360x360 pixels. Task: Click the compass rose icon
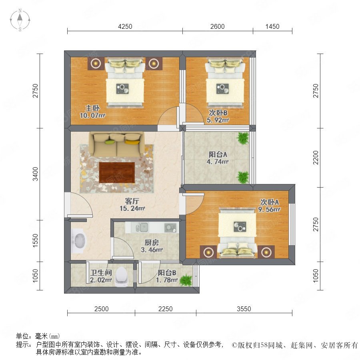(20, 20)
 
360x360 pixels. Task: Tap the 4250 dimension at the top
(125, 27)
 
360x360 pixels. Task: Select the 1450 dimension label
(272, 27)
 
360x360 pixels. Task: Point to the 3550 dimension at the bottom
(244, 309)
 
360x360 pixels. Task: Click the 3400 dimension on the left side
(35, 174)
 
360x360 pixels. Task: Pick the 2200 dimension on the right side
(316, 158)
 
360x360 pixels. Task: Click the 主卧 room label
(92, 108)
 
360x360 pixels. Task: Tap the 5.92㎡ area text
(218, 120)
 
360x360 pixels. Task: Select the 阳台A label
(218, 154)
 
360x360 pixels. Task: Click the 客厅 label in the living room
(132, 201)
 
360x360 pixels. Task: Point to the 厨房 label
(152, 242)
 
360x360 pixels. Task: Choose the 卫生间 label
(101, 273)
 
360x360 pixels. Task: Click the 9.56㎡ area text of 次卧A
(269, 209)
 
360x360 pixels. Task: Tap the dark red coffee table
(117, 172)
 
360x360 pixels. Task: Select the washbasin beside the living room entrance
(79, 241)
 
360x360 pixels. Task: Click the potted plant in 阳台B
(186, 280)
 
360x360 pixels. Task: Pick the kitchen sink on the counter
(142, 227)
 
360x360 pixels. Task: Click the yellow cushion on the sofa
(132, 142)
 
